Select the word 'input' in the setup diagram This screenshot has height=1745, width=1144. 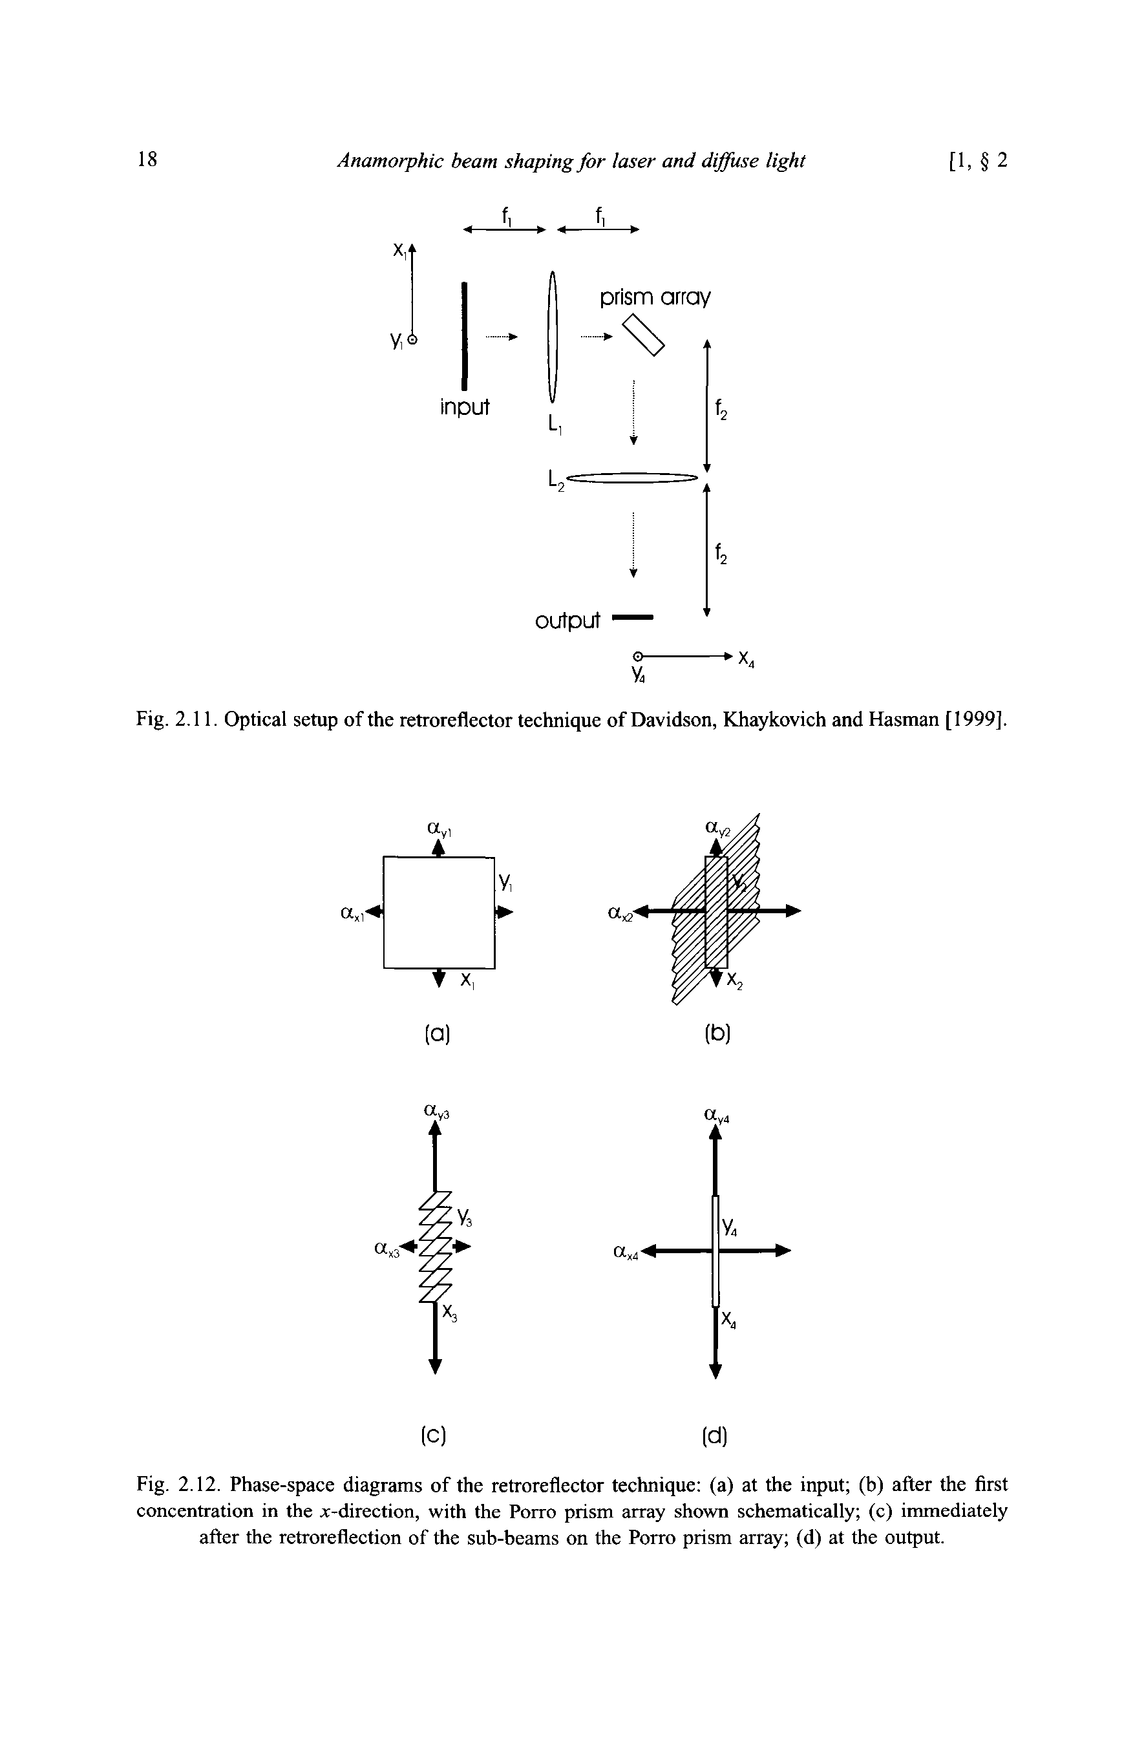tap(465, 407)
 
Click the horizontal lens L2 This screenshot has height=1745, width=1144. tap(630, 479)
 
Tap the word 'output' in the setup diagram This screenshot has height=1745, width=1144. tap(567, 621)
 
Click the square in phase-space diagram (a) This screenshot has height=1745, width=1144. tap(438, 911)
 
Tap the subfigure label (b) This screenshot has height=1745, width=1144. tap(718, 1035)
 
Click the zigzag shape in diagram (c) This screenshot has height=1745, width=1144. tap(436, 1247)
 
